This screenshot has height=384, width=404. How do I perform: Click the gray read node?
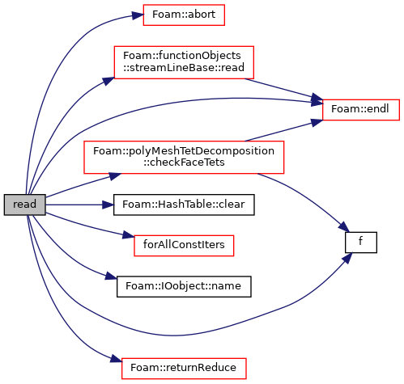coord(24,205)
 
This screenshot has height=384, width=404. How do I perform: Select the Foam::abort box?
coord(184,15)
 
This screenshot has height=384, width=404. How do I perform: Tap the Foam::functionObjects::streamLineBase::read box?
coord(184,62)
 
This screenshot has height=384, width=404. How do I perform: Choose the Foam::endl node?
coord(361,110)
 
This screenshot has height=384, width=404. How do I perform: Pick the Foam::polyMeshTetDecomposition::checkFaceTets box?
coord(184,157)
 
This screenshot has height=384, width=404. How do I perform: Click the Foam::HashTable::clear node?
coord(184,205)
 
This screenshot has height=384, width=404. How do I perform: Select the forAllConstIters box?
coord(184,246)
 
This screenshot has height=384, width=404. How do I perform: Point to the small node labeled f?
coord(361,243)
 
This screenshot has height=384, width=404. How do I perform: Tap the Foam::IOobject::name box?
coord(184,286)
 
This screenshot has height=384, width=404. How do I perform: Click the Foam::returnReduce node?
coord(184,369)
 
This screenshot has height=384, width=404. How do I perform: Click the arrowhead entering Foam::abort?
coord(138,16)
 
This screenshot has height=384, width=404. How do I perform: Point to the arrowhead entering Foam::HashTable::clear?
coord(108,205)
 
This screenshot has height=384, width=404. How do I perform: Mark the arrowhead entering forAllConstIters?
coord(129,235)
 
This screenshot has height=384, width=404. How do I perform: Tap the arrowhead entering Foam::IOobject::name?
coord(111,276)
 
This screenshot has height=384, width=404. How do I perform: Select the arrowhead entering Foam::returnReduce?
coord(116,360)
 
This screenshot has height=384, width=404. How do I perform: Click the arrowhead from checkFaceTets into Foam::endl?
coord(317,122)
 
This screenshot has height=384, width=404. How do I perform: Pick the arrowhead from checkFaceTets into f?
coord(344,226)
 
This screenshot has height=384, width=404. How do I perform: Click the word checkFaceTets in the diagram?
coord(184,162)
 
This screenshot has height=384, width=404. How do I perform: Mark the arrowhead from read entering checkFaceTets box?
coord(116,176)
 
